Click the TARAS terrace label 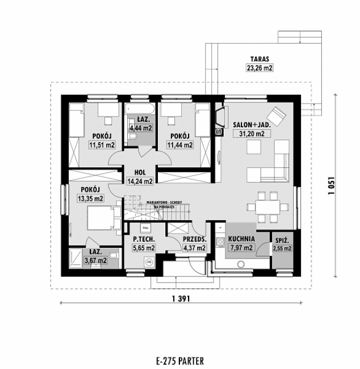[259, 58]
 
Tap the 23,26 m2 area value [259, 68]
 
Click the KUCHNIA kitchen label [241, 239]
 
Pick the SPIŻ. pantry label [282, 239]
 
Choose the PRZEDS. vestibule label [194, 239]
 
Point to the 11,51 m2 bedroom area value [100, 144]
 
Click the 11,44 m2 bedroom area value [179, 144]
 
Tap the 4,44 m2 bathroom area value [140, 128]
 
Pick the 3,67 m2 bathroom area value [95, 260]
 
